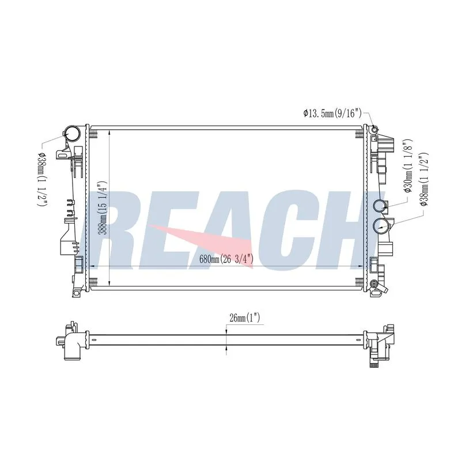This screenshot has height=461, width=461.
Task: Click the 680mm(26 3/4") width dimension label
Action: click(226, 259)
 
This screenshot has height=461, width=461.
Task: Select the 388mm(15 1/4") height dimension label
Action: click(103, 207)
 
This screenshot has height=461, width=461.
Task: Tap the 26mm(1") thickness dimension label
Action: click(244, 318)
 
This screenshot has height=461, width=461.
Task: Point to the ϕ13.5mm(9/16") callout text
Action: click(332, 113)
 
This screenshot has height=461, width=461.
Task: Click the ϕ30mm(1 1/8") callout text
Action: click(408, 166)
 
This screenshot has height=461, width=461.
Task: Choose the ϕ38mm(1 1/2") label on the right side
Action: click(424, 179)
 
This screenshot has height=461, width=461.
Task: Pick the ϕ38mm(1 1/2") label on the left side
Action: click(41, 179)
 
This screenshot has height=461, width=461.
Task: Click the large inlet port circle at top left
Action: click(73, 134)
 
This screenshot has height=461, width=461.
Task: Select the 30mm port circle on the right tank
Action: click(379, 206)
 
